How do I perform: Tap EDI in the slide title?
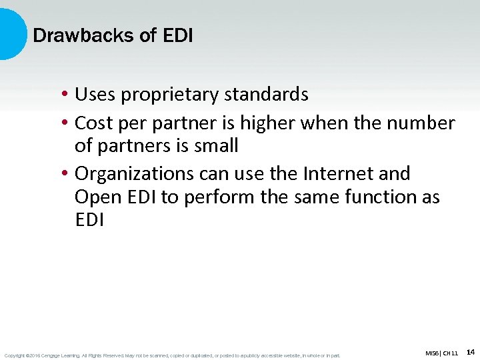pyautogui.click(x=177, y=35)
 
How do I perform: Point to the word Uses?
pyautogui.click(x=94, y=95)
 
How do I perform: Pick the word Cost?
pyautogui.click(x=94, y=123)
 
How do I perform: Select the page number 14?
pyautogui.click(x=470, y=352)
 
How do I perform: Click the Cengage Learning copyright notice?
pyautogui.click(x=172, y=355)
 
